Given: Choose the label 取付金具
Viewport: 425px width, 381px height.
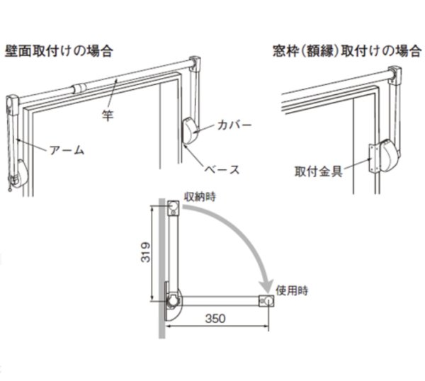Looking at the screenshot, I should tap(319, 171).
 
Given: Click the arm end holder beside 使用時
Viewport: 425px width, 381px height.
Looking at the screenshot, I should tap(266, 301).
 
